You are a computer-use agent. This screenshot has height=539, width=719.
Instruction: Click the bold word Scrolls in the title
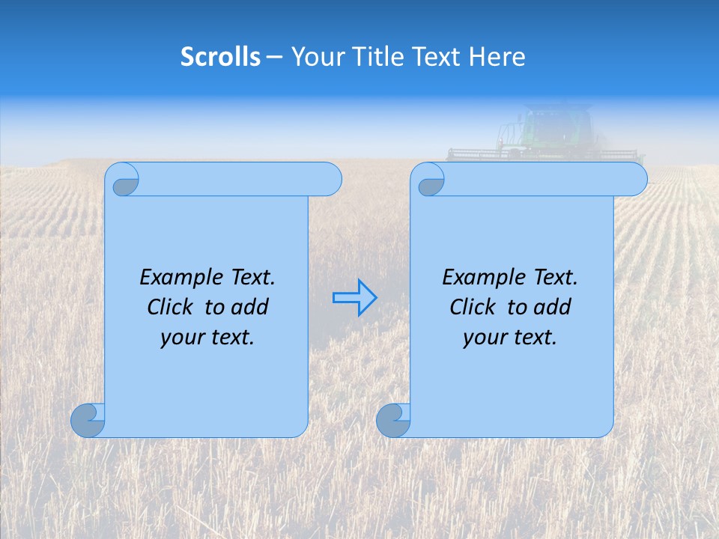tap(220, 57)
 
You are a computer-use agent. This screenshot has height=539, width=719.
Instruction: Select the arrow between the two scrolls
tap(354, 298)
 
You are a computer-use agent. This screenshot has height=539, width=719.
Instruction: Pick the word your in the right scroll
tap(483, 337)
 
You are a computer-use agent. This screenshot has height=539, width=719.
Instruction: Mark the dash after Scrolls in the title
tap(275, 57)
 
